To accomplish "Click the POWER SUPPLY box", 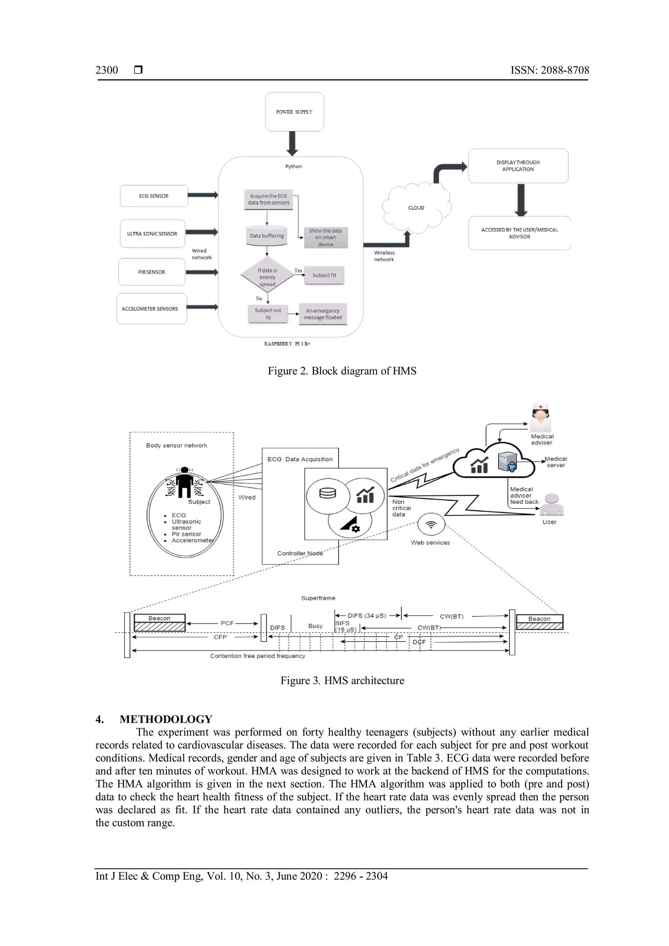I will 294,112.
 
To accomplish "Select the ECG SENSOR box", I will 154,196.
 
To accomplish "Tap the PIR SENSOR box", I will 152,272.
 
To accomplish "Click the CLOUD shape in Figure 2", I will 416,208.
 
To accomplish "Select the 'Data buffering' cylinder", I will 267,236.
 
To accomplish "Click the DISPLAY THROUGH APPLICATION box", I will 518,166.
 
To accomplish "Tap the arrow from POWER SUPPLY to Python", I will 292,143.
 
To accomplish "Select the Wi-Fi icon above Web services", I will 431,525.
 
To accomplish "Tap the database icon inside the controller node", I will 328,493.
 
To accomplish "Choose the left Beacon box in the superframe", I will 159,623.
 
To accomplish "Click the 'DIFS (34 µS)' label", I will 367,615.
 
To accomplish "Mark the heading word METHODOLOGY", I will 166,719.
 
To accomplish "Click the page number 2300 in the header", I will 107,70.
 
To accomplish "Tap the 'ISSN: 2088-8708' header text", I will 549,70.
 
